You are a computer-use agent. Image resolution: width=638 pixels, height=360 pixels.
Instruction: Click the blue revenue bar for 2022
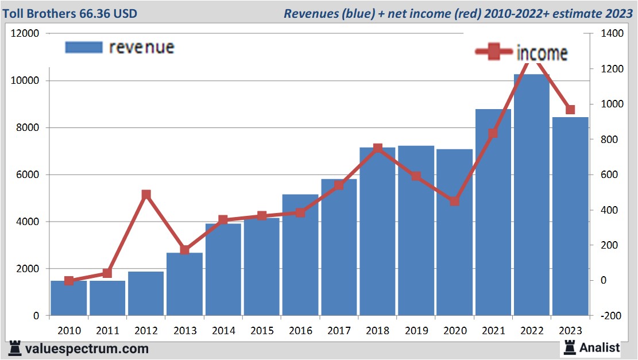click(532, 195)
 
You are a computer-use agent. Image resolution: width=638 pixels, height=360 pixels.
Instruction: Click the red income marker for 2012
click(146, 195)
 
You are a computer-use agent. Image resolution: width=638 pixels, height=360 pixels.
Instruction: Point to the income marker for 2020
click(454, 201)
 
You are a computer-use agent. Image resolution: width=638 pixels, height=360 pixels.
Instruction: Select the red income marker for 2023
click(570, 110)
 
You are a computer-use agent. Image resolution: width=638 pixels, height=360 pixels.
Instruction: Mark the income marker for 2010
click(69, 281)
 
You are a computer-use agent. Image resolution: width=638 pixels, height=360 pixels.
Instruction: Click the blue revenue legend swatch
click(83, 47)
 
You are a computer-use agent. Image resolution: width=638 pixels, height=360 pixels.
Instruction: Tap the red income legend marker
click(493, 52)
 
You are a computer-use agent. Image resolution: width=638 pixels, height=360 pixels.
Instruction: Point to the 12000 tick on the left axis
click(25, 33)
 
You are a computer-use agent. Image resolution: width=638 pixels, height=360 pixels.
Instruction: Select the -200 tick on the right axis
click(609, 316)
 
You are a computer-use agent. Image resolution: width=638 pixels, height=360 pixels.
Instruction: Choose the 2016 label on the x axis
click(300, 331)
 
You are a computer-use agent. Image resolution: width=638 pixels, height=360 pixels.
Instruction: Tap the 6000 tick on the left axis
click(28, 175)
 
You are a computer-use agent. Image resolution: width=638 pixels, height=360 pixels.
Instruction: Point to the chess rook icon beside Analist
click(570, 347)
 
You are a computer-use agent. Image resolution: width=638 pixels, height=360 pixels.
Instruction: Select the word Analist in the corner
click(600, 347)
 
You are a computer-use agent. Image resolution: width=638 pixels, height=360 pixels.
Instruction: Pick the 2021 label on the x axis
click(493, 331)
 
